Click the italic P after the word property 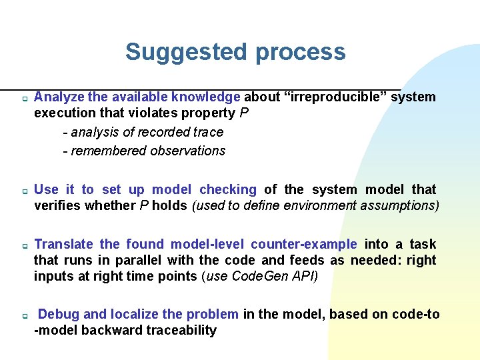point(243,113)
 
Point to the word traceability point(181,330)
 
